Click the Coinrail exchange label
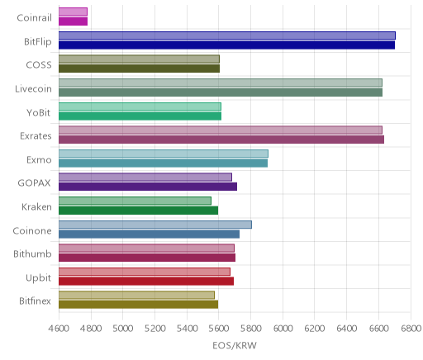[x=34, y=18]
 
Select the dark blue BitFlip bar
[x=226, y=45]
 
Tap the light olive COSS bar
[x=139, y=59]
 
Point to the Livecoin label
[x=33, y=89]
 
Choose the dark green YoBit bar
[x=140, y=116]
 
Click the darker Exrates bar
[x=221, y=140]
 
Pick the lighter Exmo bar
[x=164, y=154]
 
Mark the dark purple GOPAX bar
[x=148, y=187]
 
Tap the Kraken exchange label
[x=36, y=207]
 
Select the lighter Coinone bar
[x=155, y=225]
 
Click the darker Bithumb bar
[x=147, y=258]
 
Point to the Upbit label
[x=38, y=278]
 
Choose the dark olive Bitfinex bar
[x=138, y=305]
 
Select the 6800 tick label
[x=411, y=329]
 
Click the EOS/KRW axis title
[x=235, y=345]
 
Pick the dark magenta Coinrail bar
[x=73, y=21]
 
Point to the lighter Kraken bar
[x=135, y=201]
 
